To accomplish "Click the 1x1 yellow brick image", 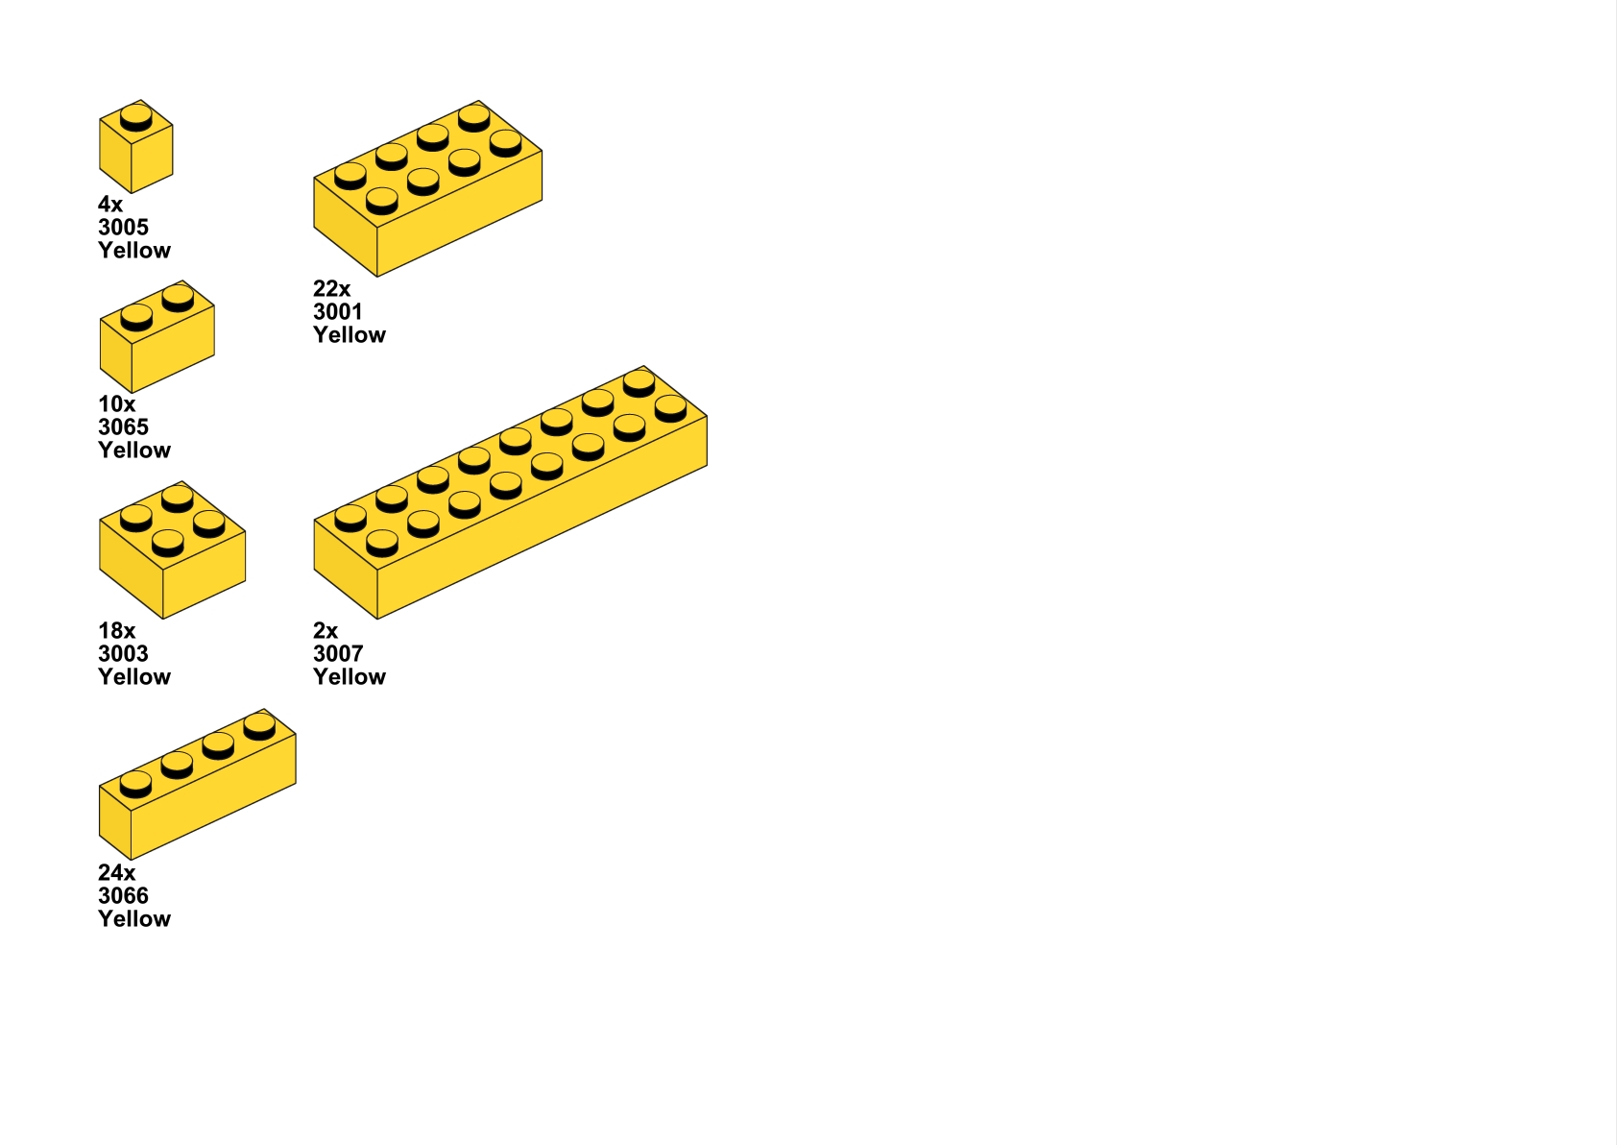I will point(135,149).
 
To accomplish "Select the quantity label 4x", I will point(110,205).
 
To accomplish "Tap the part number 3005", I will point(123,228).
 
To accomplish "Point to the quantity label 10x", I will point(116,404).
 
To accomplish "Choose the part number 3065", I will point(123,427).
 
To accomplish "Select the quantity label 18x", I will point(116,631).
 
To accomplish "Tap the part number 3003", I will point(123,654).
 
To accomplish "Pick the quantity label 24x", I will point(116,873).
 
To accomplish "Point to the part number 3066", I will point(123,896).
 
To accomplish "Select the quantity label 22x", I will point(331,289).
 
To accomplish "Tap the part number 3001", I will point(338,312).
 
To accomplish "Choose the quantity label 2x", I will point(326,631).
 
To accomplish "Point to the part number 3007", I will point(338,654).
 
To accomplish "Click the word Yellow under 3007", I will point(350,677).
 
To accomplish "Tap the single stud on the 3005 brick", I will point(135,117).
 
